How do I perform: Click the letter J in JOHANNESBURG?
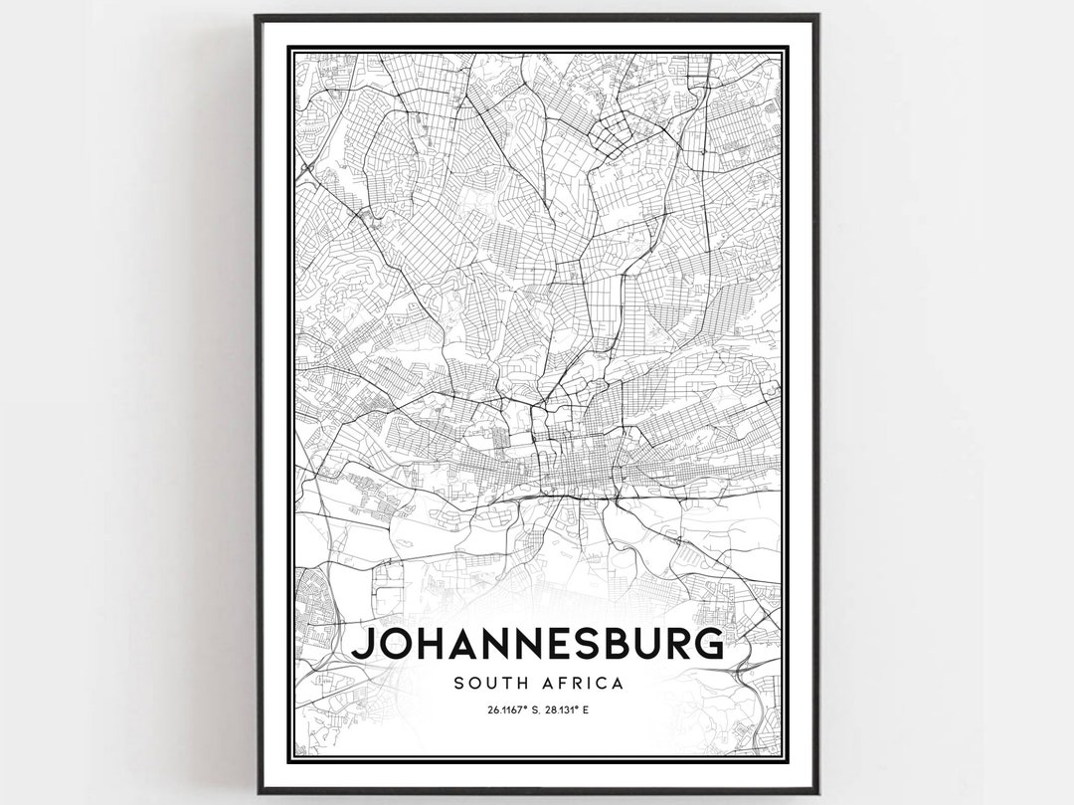363,645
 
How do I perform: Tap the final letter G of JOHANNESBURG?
705,645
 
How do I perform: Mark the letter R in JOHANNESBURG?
672,645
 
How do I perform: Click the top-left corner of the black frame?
257,16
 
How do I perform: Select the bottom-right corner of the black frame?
817,792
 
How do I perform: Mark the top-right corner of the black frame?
817,16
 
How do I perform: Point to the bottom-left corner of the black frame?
257,792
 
